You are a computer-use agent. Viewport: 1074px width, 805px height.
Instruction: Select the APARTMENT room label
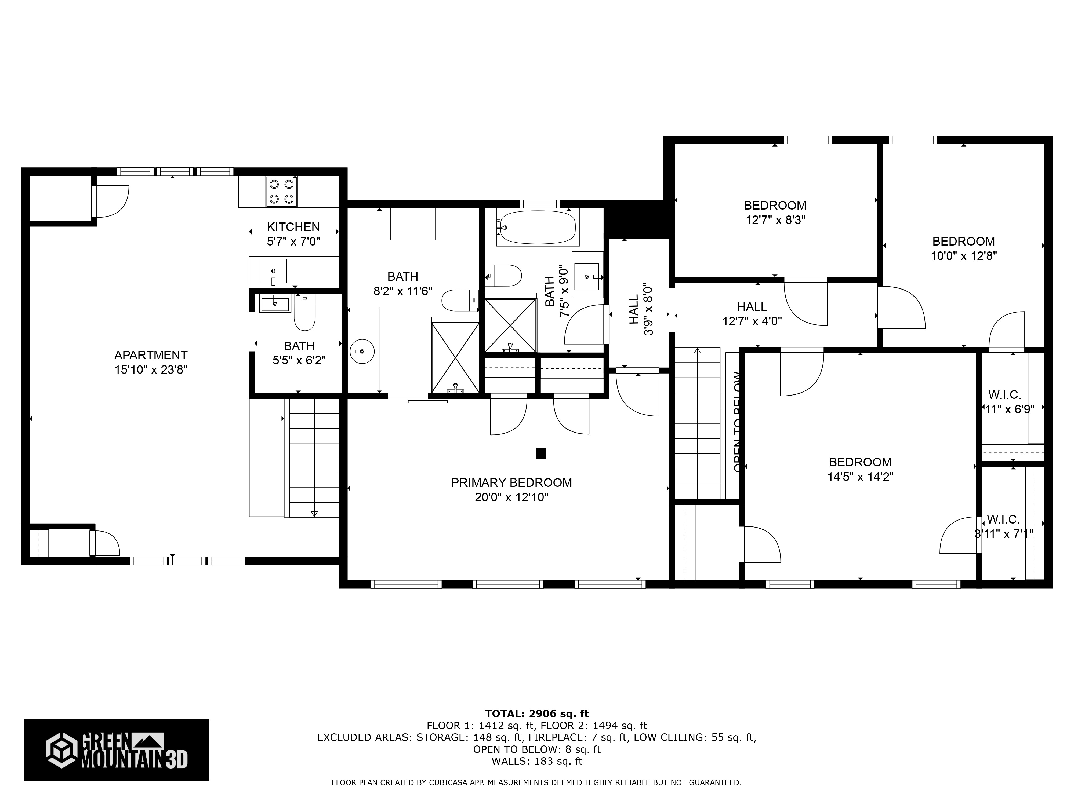151,355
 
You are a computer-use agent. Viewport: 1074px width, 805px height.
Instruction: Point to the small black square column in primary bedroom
541,453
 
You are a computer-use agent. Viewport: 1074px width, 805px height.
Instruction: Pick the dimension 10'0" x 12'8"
963,256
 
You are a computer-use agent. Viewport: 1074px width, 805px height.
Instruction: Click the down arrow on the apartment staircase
314,513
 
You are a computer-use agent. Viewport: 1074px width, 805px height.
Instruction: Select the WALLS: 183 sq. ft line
536,761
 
